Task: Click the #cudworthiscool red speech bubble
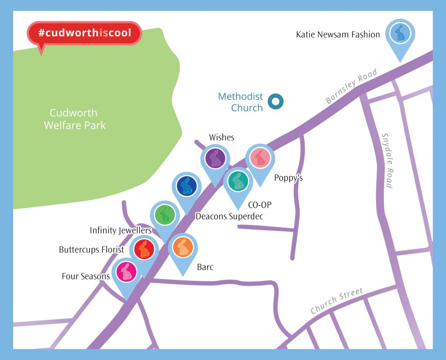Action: point(85,33)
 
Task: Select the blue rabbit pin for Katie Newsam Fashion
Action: point(399,34)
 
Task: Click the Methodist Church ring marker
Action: point(275,102)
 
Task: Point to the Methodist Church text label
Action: point(240,102)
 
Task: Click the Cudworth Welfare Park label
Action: point(74,119)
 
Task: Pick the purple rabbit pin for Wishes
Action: point(215,158)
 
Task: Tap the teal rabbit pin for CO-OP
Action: point(238,181)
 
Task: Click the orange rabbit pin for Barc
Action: point(183,248)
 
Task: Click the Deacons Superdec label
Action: point(229,216)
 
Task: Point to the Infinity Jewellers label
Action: point(121,231)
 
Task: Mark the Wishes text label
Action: point(221,137)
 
